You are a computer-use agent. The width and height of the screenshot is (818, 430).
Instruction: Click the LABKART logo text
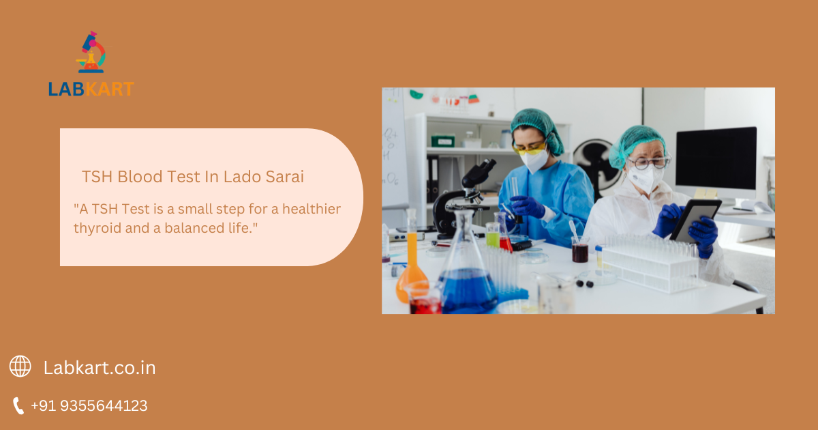[x=91, y=89]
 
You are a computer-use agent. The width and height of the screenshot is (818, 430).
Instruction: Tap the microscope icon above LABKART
[x=92, y=53]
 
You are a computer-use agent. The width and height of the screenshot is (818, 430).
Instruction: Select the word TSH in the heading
[x=97, y=177]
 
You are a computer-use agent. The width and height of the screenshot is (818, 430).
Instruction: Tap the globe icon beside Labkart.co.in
[x=20, y=367]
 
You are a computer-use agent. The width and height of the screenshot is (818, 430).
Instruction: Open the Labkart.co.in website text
[x=100, y=368]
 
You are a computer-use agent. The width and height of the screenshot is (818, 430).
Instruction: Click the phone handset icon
[x=18, y=406]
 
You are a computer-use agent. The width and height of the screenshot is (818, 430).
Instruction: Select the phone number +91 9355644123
[x=89, y=406]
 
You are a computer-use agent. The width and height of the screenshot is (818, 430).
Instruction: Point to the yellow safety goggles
[x=530, y=147]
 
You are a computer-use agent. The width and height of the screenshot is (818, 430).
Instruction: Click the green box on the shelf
[x=443, y=141]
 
